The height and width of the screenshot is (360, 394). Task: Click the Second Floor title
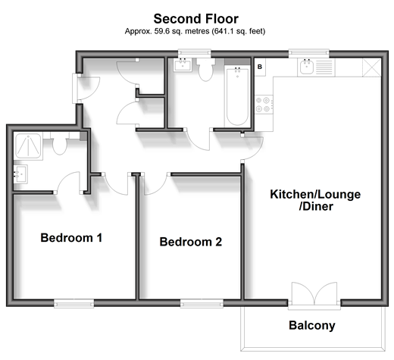click(x=196, y=19)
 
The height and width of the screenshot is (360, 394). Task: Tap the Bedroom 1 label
click(x=71, y=238)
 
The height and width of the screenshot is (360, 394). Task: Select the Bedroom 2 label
click(x=191, y=242)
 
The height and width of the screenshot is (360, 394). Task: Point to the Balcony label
click(x=312, y=325)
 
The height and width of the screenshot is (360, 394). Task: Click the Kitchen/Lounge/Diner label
click(x=315, y=200)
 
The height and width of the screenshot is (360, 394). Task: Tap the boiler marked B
click(x=260, y=67)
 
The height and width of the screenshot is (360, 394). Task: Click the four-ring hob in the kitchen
click(x=264, y=105)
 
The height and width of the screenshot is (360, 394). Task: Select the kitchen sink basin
click(x=307, y=67)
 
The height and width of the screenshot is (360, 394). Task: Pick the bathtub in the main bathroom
click(x=237, y=96)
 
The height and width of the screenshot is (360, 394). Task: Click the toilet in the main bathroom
click(x=206, y=69)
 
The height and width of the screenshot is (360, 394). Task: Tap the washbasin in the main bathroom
click(x=183, y=64)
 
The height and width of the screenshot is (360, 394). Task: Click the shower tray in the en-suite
click(x=28, y=146)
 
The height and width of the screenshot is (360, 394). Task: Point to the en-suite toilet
click(x=60, y=145)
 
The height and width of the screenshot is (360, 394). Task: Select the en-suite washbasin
click(x=20, y=174)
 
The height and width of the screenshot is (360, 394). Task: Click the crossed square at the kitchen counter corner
click(x=372, y=67)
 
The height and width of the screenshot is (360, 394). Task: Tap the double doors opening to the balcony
click(x=314, y=294)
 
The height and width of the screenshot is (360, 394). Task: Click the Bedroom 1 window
click(x=74, y=303)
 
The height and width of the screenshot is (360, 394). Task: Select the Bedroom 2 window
click(x=202, y=303)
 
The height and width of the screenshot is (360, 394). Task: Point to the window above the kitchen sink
click(x=309, y=53)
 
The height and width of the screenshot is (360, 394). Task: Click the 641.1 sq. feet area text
click(x=239, y=31)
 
